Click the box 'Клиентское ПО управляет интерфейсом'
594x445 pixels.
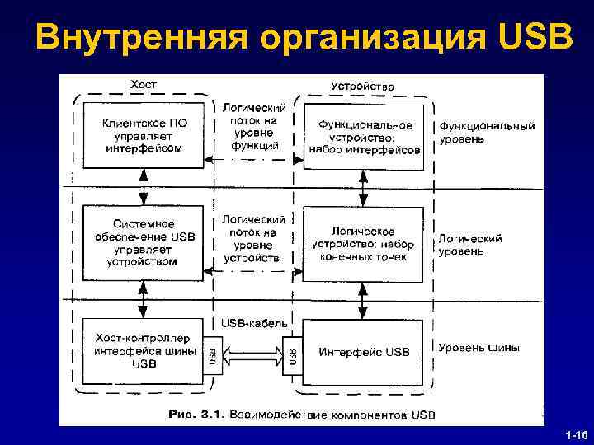pos(144,136)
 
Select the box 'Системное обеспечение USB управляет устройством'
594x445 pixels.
pos(144,242)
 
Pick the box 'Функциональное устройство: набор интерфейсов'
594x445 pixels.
pos(365,137)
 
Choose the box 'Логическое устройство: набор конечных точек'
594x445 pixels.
pos(363,243)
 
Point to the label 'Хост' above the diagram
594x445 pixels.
pos(144,84)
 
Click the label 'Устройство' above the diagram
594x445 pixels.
pos(362,85)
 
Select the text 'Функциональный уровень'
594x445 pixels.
pos(487,133)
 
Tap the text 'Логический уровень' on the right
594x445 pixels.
pos(469,244)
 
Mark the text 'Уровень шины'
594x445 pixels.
pos(478,348)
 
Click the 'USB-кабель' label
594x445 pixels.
pos(253,321)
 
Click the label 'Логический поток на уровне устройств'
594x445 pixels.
pos(254,239)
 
